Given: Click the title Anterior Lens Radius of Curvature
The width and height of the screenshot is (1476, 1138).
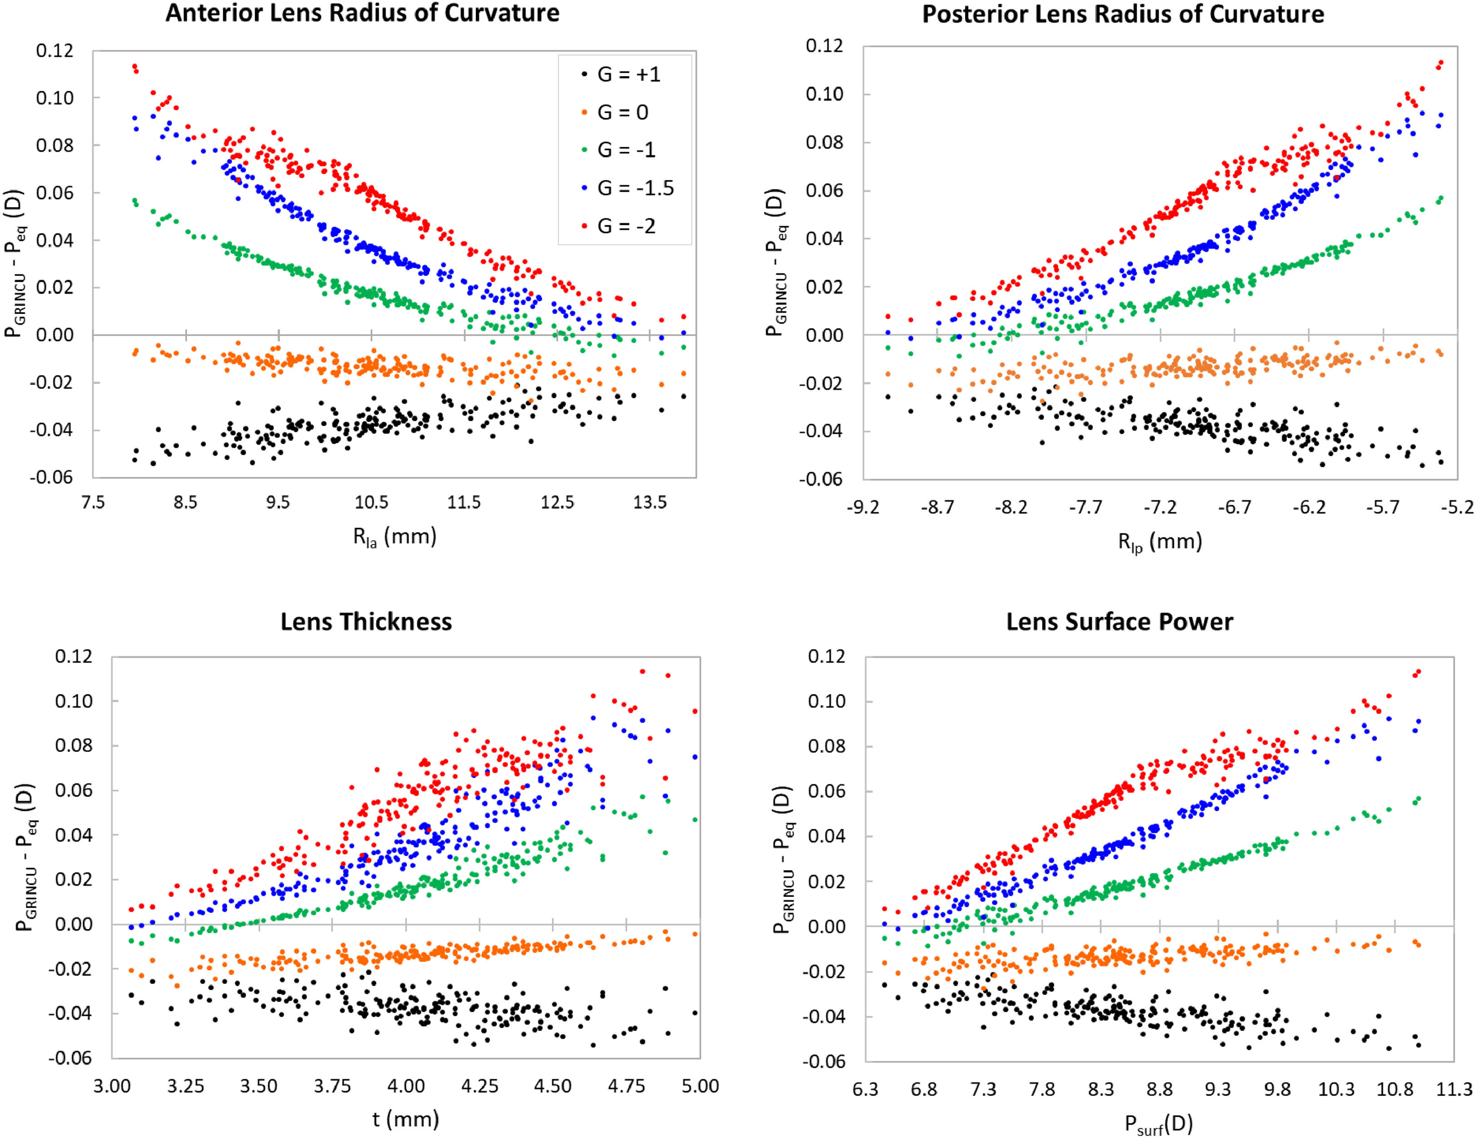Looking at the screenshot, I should coord(362,14).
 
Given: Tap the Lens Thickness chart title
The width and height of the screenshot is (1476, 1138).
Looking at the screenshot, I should coord(366,622).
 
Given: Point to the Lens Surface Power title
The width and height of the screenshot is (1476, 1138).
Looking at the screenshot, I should coord(1119,622).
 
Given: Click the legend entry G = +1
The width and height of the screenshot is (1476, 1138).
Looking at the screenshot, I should coord(628,74).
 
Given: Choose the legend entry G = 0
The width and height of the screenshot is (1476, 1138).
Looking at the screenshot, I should coord(622,112).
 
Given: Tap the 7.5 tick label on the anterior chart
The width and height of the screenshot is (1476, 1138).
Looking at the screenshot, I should coord(93,503).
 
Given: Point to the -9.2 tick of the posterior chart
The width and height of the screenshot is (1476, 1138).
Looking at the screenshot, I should coord(863,507).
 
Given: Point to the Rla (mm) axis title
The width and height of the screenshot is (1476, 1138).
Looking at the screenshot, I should coord(395,537).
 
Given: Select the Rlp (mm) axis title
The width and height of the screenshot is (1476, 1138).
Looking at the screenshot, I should coord(1160,542).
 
